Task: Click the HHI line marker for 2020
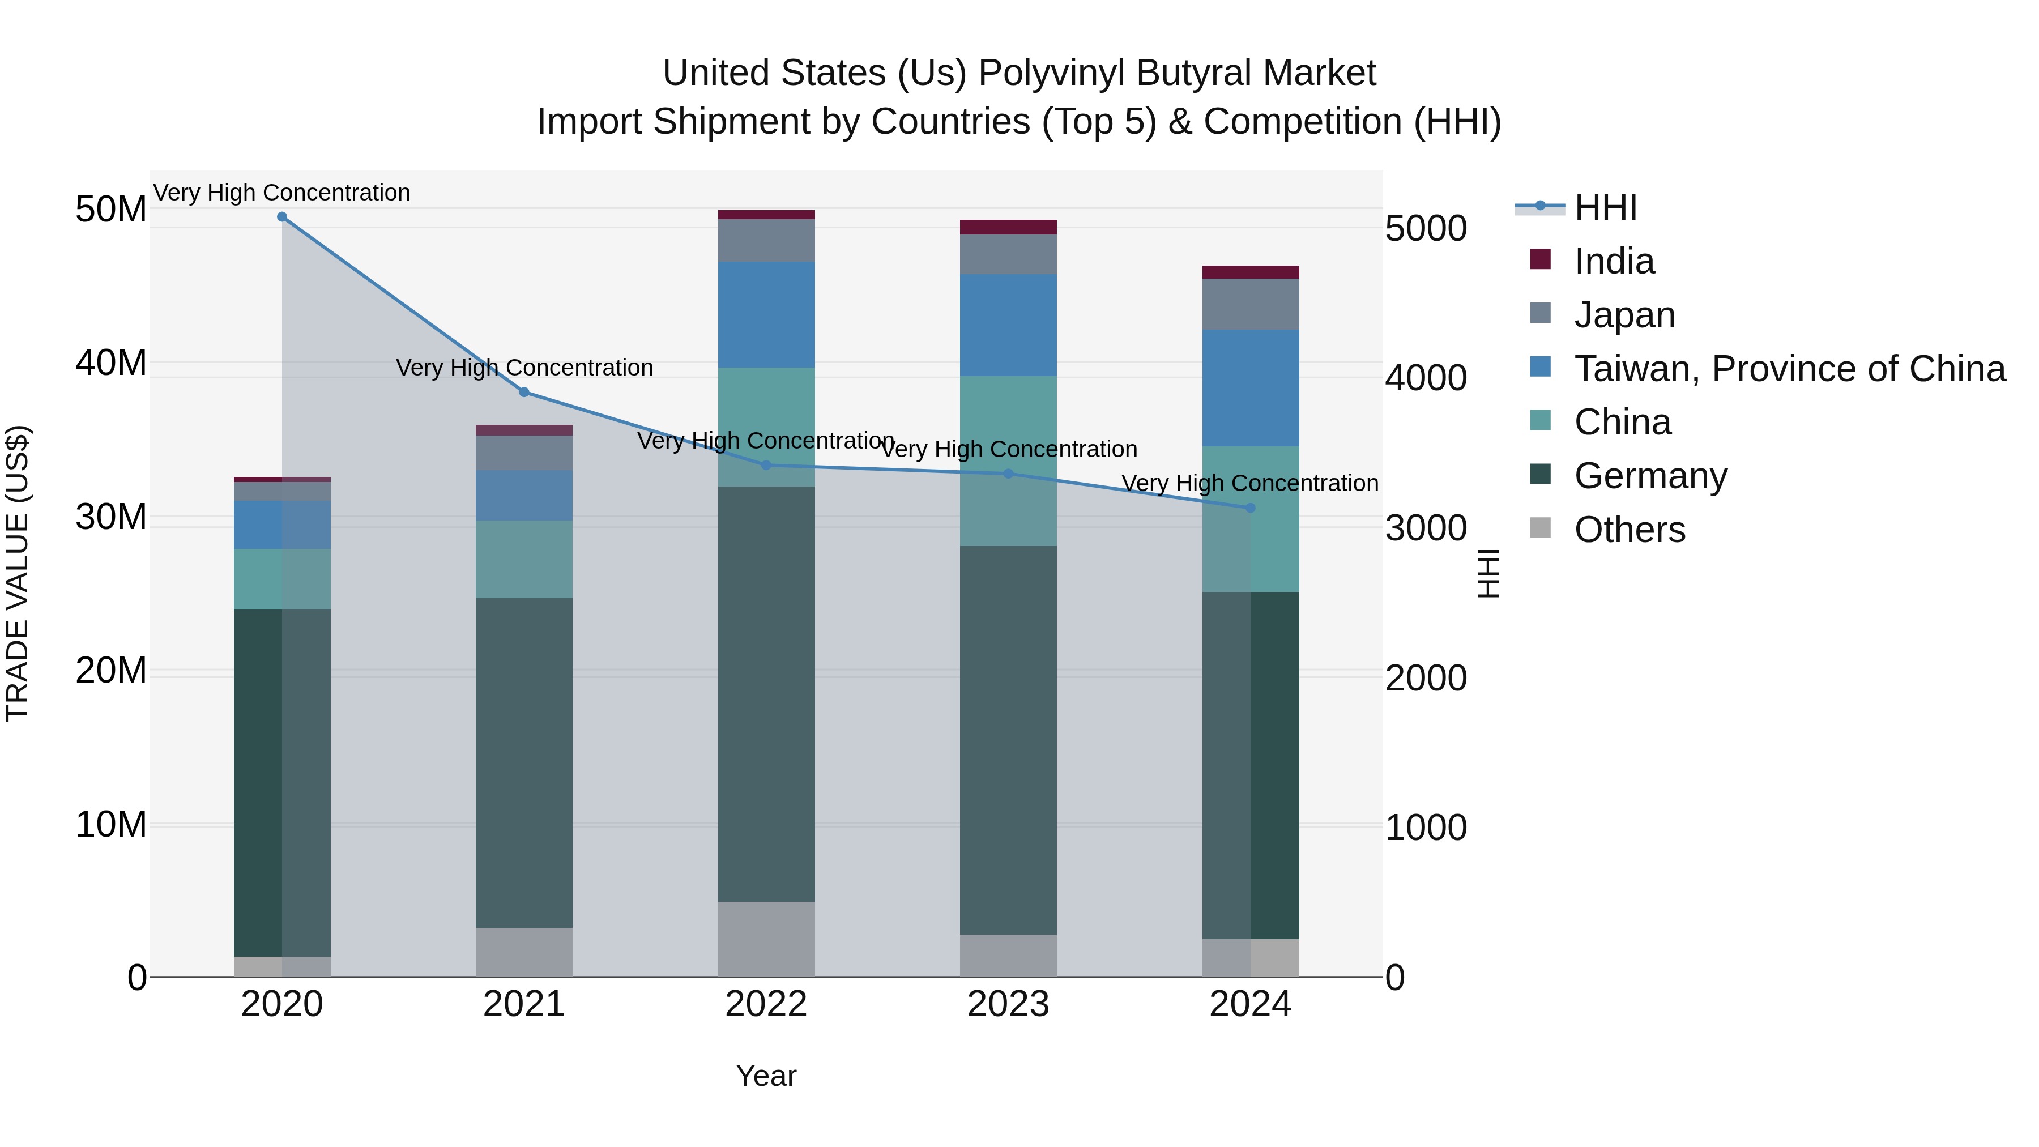click(x=282, y=217)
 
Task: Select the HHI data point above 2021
click(x=524, y=392)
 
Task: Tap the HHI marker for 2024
click(x=1250, y=508)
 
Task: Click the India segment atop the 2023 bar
click(x=1008, y=227)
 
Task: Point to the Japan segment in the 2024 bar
click(x=1250, y=304)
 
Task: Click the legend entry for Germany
click(x=1650, y=476)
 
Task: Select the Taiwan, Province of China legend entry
click(x=1789, y=369)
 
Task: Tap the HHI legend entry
click(x=1605, y=207)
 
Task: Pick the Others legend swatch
click(x=1541, y=528)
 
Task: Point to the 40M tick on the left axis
click(x=111, y=363)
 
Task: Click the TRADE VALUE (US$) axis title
click(x=18, y=573)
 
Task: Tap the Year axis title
click(x=765, y=1076)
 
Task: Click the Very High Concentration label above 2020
click(x=282, y=193)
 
